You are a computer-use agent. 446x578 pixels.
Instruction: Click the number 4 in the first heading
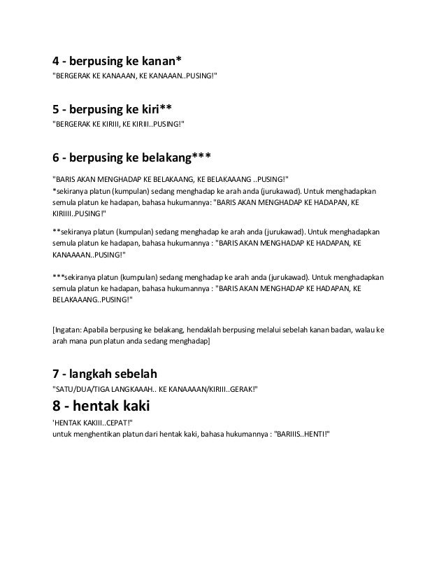tap(57, 59)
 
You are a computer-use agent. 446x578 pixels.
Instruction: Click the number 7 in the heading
tap(57, 372)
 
